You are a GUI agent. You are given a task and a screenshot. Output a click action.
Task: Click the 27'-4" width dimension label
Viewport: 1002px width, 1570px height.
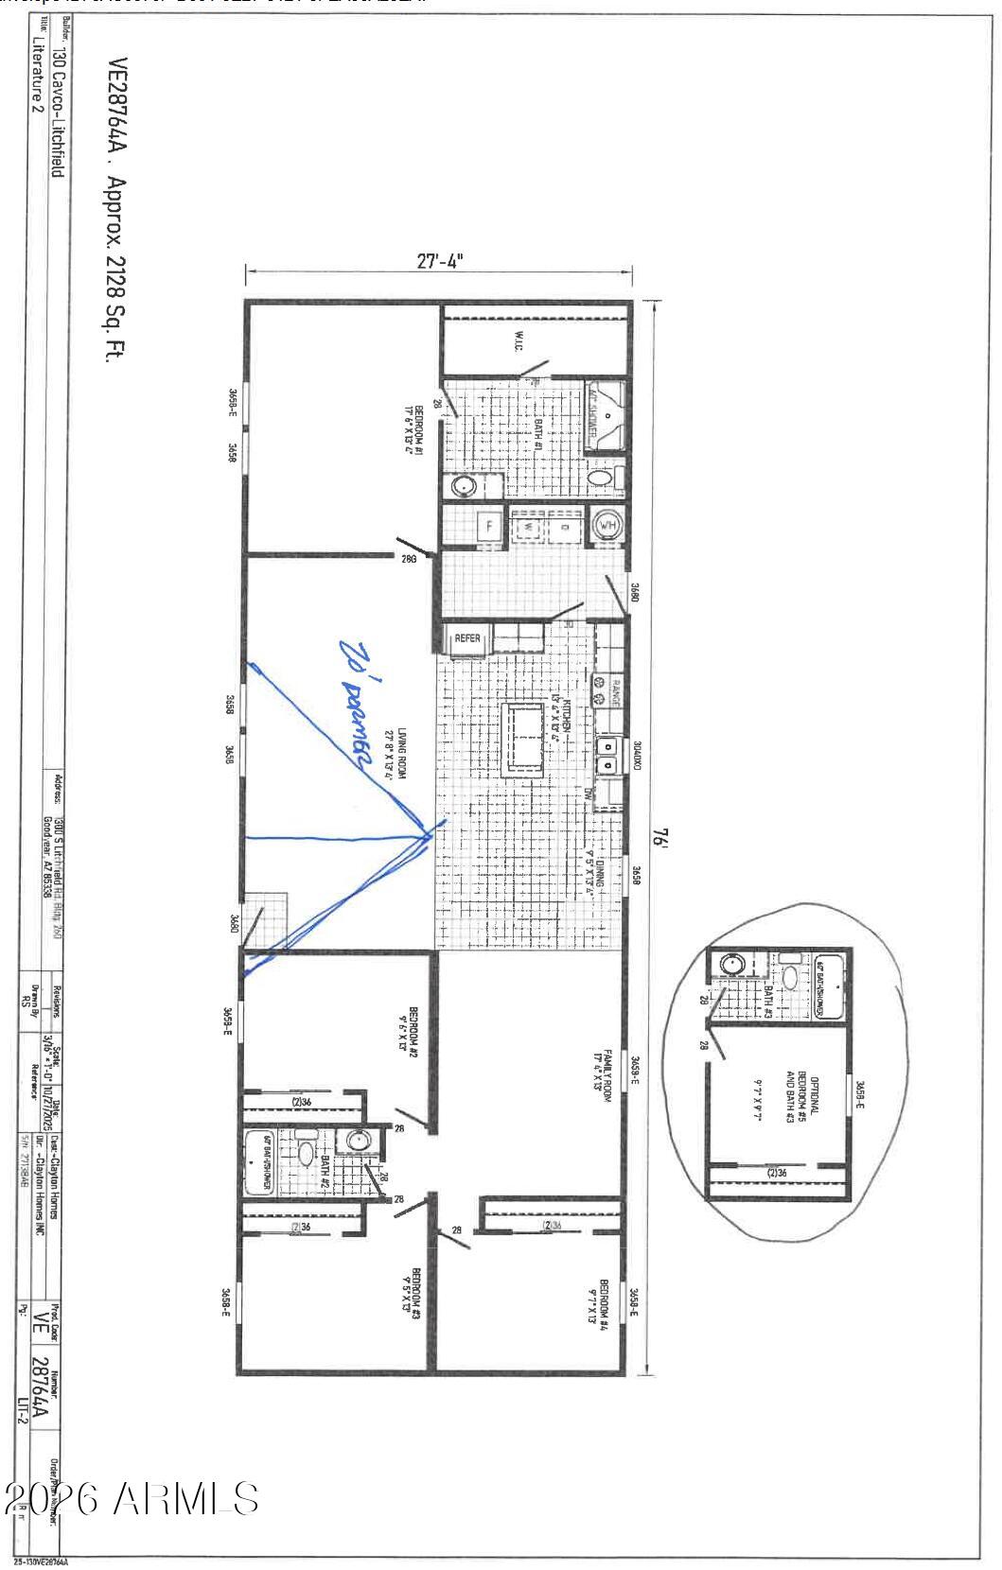[x=440, y=261]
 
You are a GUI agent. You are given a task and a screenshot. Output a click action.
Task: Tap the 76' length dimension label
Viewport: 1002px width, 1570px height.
[x=664, y=839]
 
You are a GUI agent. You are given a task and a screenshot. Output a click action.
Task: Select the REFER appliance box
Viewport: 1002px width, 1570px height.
[x=467, y=638]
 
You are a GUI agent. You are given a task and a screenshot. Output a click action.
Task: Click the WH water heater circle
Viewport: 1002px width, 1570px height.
[x=606, y=525]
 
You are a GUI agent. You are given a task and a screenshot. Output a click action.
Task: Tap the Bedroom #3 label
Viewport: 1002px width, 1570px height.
[x=411, y=1294]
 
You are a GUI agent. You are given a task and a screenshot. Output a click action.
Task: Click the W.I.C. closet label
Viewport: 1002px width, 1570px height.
[x=520, y=339]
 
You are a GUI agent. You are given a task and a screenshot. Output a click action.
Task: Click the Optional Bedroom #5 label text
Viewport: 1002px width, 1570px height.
[x=808, y=1094]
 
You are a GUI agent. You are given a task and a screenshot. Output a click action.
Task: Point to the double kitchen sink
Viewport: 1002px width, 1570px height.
[x=607, y=754]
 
